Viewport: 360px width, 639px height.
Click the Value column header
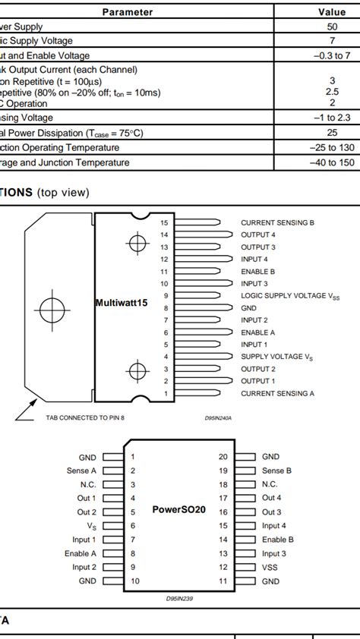(332, 12)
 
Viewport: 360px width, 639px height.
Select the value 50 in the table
(332, 27)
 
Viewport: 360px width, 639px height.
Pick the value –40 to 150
(332, 162)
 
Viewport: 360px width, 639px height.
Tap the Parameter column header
(128, 12)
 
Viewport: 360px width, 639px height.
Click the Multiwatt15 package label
(122, 303)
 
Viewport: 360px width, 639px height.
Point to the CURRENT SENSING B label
(277, 223)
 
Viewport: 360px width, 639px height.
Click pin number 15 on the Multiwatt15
(164, 223)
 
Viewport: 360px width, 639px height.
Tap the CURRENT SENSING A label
(277, 393)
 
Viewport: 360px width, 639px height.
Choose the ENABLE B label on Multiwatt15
(258, 272)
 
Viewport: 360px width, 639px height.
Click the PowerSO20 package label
(179, 509)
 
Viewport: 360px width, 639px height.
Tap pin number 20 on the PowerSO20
(223, 457)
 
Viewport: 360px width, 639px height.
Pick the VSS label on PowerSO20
(271, 567)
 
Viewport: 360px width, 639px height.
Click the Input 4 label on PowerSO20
(274, 526)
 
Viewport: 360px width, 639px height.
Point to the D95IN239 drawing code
(179, 599)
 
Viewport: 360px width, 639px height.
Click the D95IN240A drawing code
(218, 417)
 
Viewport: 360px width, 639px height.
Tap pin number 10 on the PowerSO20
(134, 581)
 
